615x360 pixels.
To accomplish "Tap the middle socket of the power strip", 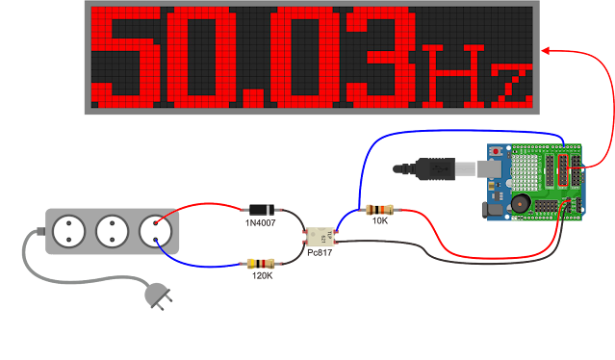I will [114, 231].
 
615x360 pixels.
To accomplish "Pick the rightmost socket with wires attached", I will [154, 231].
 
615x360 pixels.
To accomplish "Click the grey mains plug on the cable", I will [156, 295].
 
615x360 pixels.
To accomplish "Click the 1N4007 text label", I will [260, 223].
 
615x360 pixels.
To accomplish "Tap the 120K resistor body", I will [262, 263].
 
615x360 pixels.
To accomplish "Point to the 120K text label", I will [262, 276].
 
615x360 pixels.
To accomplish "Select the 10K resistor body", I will [379, 209].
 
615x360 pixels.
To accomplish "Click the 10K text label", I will [379, 221].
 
